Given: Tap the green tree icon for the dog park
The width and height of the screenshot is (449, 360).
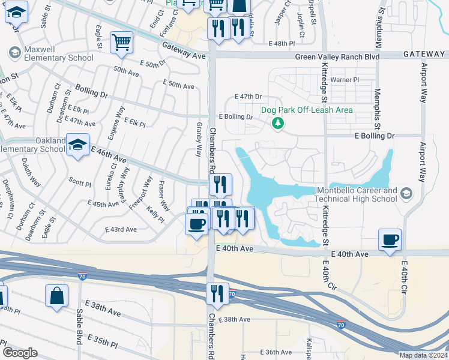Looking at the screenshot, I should (x=277, y=124).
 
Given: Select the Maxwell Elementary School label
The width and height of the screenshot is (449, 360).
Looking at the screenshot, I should (x=59, y=53).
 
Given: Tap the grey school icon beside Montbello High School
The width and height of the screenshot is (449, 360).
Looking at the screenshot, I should (x=407, y=193).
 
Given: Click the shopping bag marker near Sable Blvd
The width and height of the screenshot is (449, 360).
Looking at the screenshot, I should (x=56, y=295).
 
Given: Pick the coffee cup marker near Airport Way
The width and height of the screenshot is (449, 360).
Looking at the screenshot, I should (x=390, y=240).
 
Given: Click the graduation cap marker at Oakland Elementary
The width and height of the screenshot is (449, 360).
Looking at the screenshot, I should (x=78, y=145).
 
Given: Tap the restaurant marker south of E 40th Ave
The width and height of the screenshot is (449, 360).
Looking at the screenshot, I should (x=217, y=293).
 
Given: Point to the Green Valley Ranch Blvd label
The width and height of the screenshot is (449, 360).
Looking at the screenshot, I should (x=337, y=56).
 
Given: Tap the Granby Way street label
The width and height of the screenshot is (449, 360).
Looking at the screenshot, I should (x=199, y=140).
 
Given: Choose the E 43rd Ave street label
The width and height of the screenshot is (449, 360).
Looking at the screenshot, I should (x=121, y=229).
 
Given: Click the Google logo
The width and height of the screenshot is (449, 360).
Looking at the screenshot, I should (x=20, y=353).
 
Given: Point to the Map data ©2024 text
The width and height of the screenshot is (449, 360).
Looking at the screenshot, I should (x=423, y=355).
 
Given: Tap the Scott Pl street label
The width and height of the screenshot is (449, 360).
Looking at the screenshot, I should (x=79, y=180).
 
